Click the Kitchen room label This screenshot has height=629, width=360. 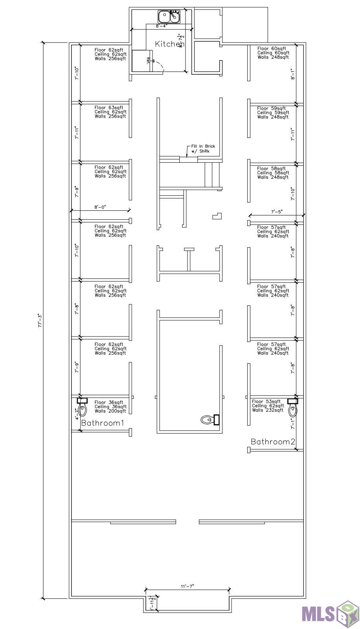pyautogui.click(x=169, y=44)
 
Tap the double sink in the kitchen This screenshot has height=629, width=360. pyautogui.click(x=169, y=17)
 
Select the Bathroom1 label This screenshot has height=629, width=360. pyautogui.click(x=103, y=423)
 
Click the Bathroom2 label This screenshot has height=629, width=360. pyautogui.click(x=273, y=441)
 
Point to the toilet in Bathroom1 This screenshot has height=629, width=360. pyautogui.click(x=82, y=408)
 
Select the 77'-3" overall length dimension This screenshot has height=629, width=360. pyautogui.click(x=40, y=320)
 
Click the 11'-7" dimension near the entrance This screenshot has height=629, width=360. pyautogui.click(x=187, y=586)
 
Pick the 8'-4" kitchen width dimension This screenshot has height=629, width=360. pyautogui.click(x=161, y=26)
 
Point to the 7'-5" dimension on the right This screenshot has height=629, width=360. pyautogui.click(x=277, y=212)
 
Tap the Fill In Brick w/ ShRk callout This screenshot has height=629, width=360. pyautogui.click(x=203, y=149)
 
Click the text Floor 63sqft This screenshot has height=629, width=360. pyautogui.click(x=109, y=107)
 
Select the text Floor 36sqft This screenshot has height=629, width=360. pyautogui.click(x=109, y=402)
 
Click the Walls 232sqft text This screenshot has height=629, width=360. pyautogui.click(x=268, y=410)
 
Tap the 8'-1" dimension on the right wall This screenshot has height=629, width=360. pyautogui.click(x=292, y=74)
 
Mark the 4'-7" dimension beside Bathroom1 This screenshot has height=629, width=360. pyautogui.click(x=77, y=414)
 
